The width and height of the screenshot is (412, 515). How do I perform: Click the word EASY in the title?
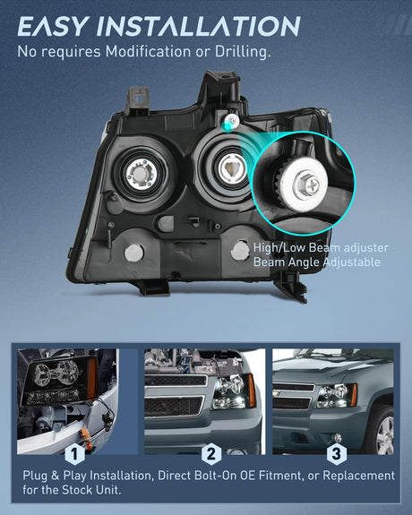[x=53, y=26]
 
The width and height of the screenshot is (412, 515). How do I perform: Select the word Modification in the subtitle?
[x=148, y=52]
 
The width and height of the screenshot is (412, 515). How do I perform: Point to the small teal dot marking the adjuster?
[x=227, y=125]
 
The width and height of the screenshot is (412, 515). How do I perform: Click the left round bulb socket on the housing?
[x=141, y=175]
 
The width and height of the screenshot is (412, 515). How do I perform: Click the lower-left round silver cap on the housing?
[x=134, y=253]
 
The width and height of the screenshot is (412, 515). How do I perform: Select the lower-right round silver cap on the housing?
[x=240, y=251]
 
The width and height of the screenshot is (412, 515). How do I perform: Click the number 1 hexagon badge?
[x=75, y=454]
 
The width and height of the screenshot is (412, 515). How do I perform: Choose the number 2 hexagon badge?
[x=211, y=454]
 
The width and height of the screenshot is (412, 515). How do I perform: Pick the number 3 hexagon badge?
[x=337, y=454]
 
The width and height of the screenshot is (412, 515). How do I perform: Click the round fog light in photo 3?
[x=337, y=437]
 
